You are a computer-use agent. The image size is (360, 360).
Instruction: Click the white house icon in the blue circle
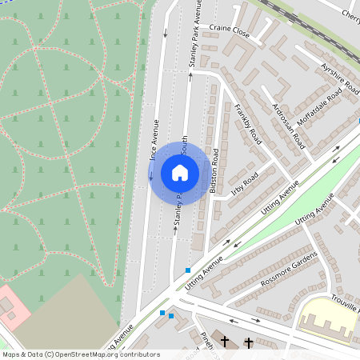[x=180, y=173]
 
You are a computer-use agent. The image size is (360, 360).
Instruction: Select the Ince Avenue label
[x=154, y=140]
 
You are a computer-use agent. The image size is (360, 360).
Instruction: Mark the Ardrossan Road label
[x=288, y=126]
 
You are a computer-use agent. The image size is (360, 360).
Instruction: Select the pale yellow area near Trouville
[x=328, y=320]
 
